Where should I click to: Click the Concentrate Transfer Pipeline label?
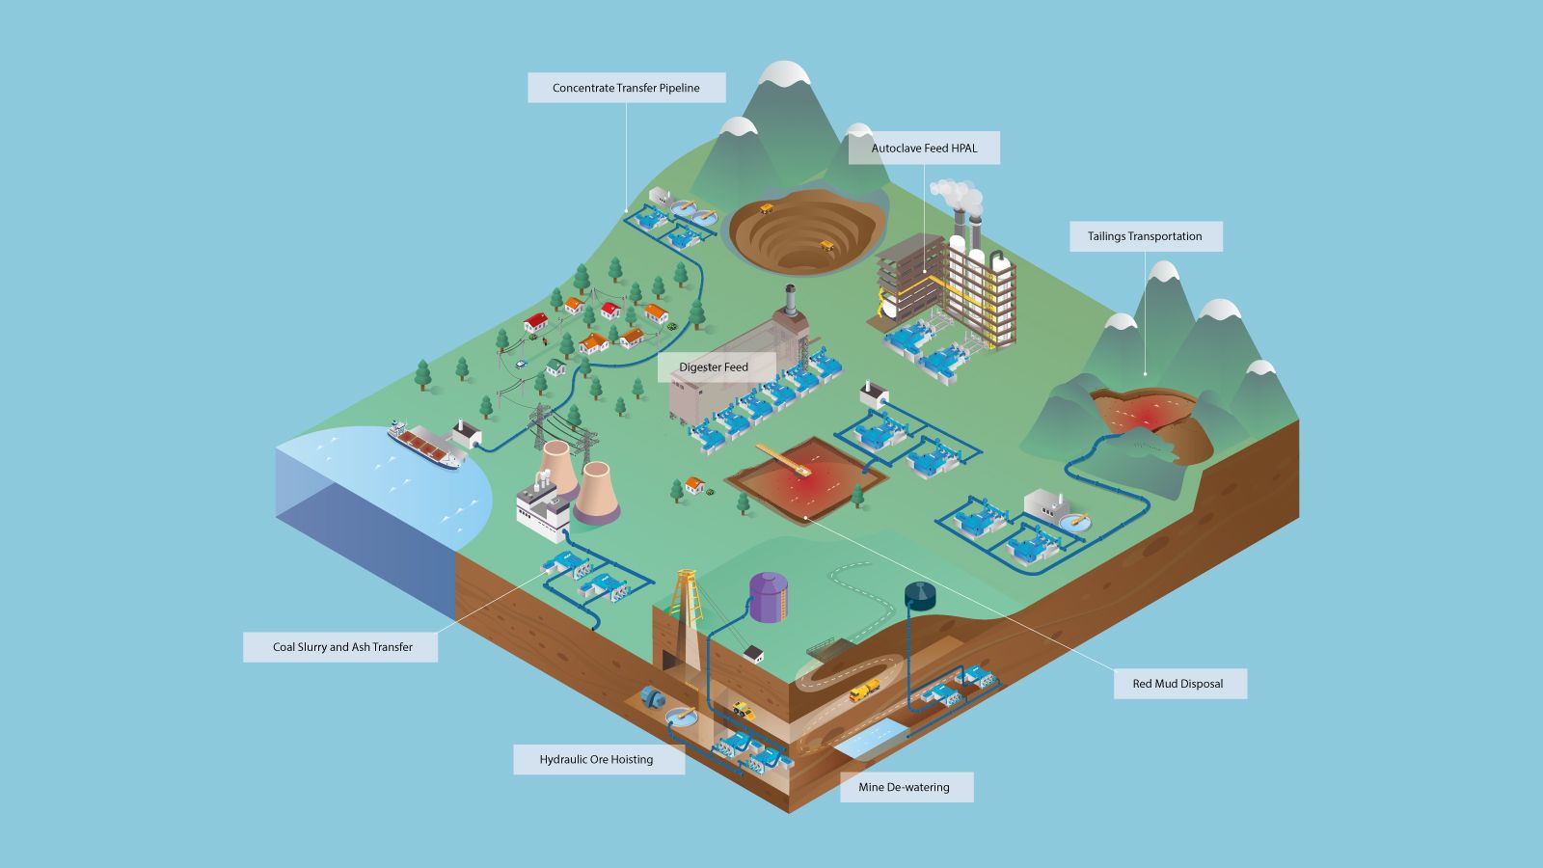[x=626, y=88]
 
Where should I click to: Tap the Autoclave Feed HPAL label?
[x=924, y=149]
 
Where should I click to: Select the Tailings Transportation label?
[x=1145, y=236]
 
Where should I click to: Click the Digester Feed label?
[x=714, y=367]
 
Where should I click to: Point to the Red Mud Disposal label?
[x=1178, y=684]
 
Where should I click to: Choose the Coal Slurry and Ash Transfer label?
[x=342, y=647]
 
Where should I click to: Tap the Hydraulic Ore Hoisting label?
[x=597, y=760]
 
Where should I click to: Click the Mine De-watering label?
[x=905, y=787]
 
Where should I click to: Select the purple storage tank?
[x=769, y=597]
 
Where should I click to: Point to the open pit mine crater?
[x=805, y=231]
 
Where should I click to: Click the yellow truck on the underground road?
[x=864, y=691]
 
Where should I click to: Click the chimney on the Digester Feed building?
[x=790, y=301]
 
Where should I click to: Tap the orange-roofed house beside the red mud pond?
[x=693, y=485]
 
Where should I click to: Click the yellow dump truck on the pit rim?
[x=768, y=207]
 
